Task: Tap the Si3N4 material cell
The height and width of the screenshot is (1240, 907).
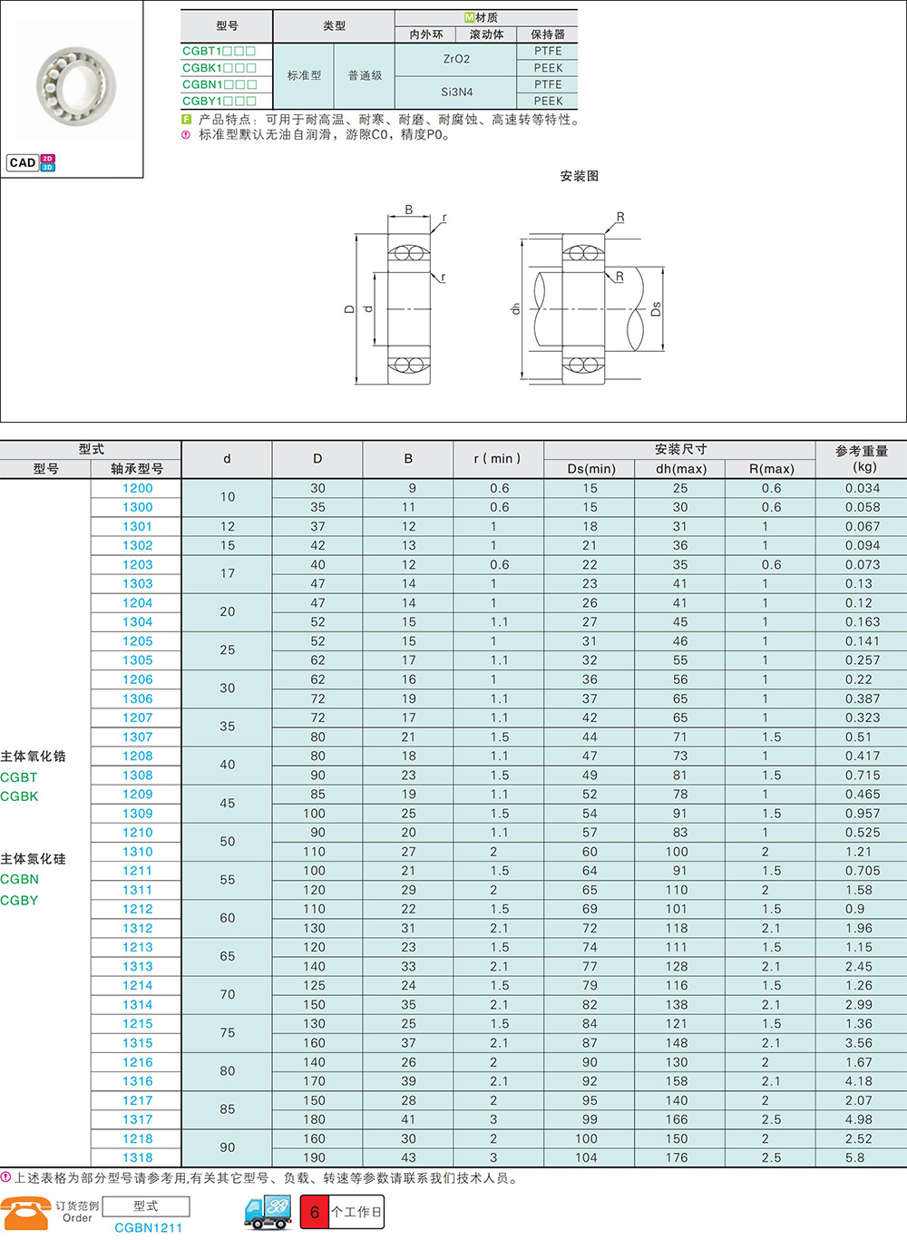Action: (456, 92)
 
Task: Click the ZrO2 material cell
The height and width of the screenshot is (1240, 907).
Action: (456, 59)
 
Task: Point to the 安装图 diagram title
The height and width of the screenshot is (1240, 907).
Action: (579, 176)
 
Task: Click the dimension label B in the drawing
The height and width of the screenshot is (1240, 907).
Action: (408, 210)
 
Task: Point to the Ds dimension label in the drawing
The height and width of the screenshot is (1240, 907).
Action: (656, 309)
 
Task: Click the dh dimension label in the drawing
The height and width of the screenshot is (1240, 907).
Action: (516, 309)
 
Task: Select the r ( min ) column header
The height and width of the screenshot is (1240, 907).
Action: (498, 458)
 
